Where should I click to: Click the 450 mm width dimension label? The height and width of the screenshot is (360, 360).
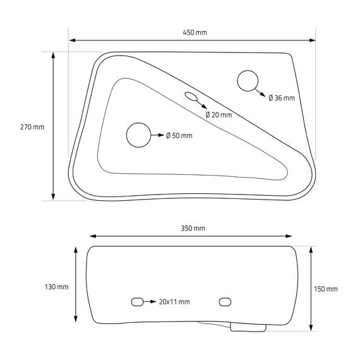(x=195, y=33)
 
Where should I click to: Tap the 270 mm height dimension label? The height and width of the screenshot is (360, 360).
(x=32, y=127)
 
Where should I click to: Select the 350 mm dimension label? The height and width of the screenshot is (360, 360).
(x=193, y=229)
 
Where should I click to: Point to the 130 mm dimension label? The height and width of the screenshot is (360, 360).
(x=56, y=287)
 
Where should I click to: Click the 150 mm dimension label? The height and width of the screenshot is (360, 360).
(x=326, y=289)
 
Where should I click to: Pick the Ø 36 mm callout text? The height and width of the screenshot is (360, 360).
(x=282, y=98)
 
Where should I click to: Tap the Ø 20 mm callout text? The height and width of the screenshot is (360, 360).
(x=219, y=115)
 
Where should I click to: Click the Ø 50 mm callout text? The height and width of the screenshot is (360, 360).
(x=179, y=136)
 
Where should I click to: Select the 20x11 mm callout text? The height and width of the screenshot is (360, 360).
(x=174, y=302)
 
